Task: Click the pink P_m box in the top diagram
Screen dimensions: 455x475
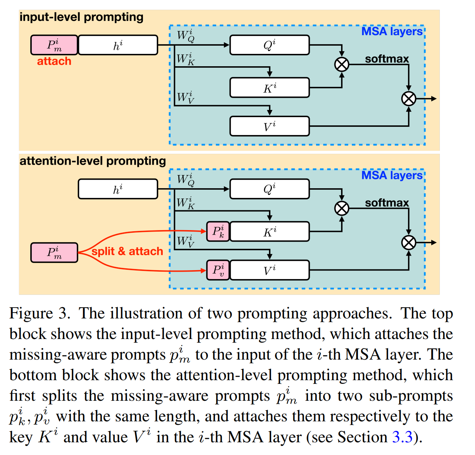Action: pos(54,45)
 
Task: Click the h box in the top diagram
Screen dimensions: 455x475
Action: pos(118,45)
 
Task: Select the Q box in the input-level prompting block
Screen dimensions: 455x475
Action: pos(269,45)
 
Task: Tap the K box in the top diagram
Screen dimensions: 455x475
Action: pos(269,88)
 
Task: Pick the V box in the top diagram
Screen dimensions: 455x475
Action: pos(269,126)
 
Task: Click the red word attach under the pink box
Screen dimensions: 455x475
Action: pos(54,61)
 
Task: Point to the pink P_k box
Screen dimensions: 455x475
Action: pos(218,231)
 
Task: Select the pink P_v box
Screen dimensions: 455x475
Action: pos(218,270)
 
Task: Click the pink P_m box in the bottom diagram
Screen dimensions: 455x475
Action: pos(54,253)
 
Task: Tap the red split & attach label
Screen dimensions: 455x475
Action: pos(127,251)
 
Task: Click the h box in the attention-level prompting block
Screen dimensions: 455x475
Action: pos(118,189)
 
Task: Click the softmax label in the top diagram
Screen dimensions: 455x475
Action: pos(387,59)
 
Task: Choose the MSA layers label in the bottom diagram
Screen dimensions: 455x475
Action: pos(392,175)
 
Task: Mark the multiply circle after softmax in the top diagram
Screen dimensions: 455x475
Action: pos(408,99)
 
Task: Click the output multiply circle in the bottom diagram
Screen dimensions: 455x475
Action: pos(408,242)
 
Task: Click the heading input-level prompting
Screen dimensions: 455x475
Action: pos(82,17)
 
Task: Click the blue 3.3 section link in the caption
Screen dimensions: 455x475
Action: pos(402,437)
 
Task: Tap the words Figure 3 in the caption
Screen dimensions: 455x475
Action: pos(39,314)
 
